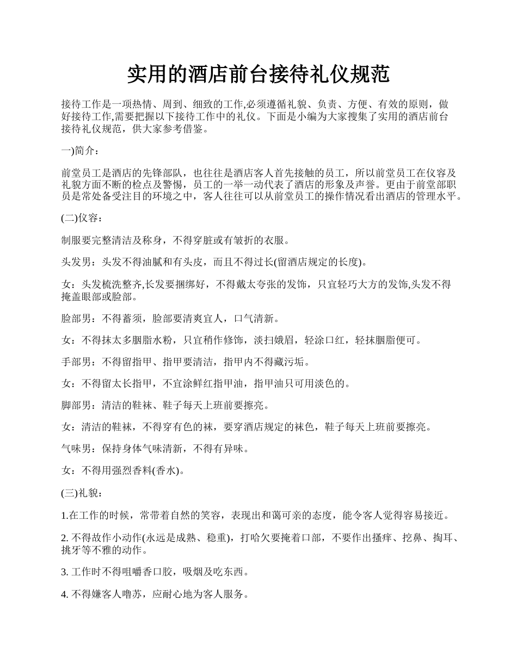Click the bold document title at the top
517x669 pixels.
pos(258,75)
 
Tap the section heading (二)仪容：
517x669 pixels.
pos(81,219)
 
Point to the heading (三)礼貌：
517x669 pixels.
pos(81,493)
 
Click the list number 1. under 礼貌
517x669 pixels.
pos(65,515)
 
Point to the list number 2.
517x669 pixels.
pos(65,538)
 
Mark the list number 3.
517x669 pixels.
pos(65,572)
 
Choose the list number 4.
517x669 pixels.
pos(65,594)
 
